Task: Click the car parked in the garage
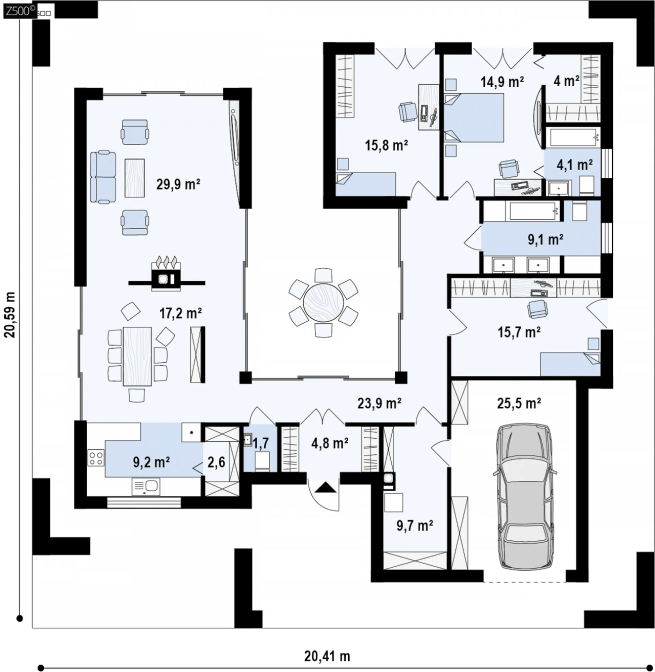(525, 497)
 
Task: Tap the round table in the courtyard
(324, 303)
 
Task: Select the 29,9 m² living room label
(179, 184)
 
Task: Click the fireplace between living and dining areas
(167, 275)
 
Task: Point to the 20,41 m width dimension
(327, 656)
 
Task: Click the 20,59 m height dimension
(10, 315)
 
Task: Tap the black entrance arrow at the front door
(327, 487)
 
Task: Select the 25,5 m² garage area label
(519, 403)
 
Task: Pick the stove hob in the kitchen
(96, 457)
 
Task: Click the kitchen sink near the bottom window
(146, 487)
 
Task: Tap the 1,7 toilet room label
(261, 443)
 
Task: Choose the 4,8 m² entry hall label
(330, 443)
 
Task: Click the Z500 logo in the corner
(20, 11)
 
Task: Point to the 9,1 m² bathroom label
(545, 239)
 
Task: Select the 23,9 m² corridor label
(379, 403)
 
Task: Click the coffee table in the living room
(135, 178)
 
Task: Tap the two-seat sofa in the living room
(103, 177)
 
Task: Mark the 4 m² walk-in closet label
(566, 80)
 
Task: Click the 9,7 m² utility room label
(415, 525)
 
